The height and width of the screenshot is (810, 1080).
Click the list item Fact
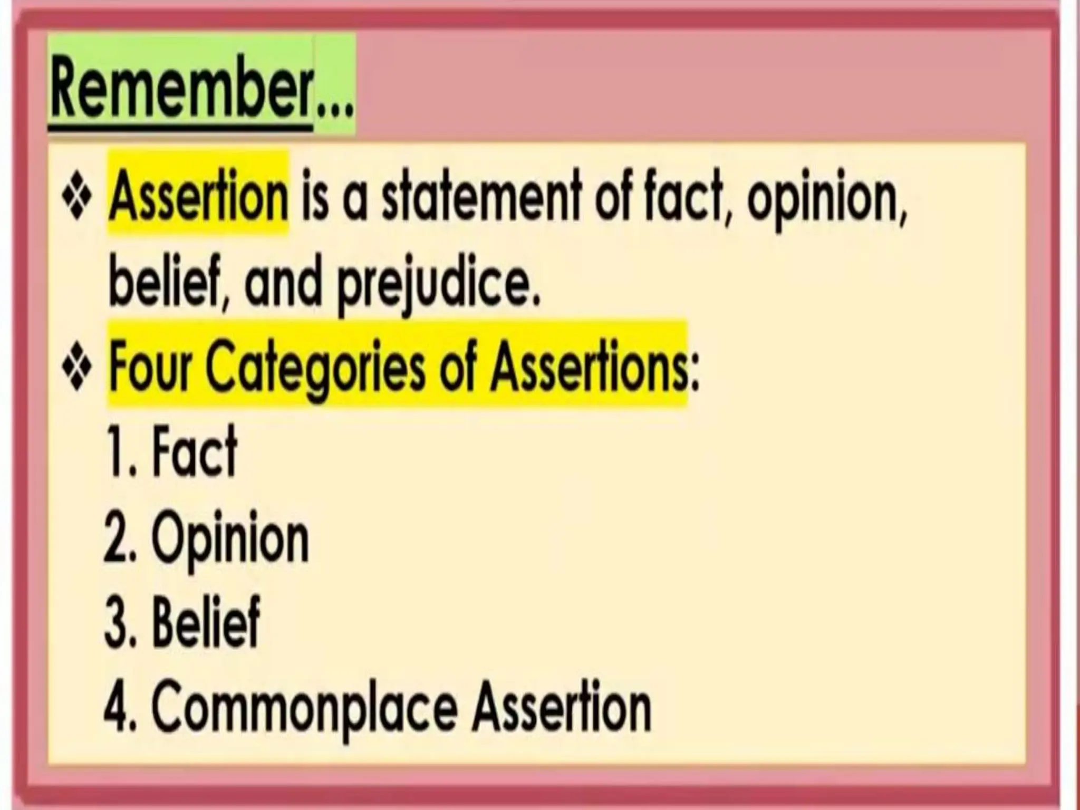(195, 451)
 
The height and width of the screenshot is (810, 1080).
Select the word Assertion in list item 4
(561, 705)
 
